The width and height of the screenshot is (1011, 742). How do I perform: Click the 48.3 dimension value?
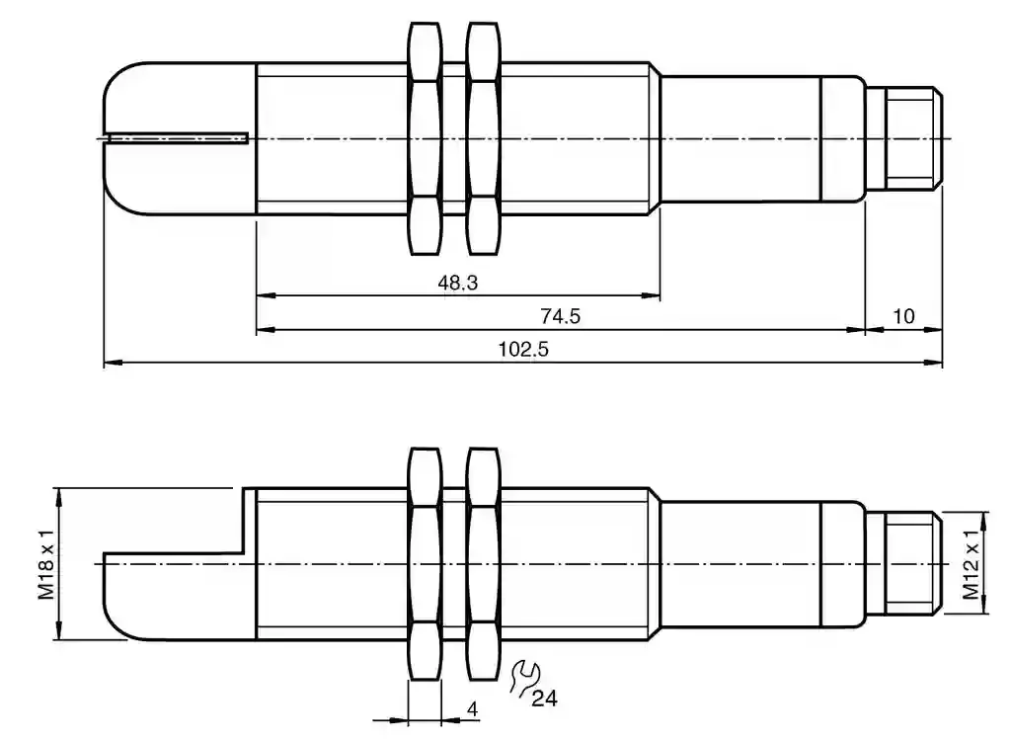[458, 283]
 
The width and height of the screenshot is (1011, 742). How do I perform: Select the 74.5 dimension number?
[561, 316]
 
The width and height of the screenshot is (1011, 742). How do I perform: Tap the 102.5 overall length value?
[523, 349]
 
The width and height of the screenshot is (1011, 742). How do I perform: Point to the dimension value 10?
[903, 316]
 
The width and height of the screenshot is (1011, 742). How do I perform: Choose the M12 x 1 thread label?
[972, 563]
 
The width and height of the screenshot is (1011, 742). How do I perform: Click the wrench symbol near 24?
[524, 678]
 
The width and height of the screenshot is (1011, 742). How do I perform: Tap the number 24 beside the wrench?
[544, 699]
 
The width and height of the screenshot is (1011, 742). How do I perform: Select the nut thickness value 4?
[473, 709]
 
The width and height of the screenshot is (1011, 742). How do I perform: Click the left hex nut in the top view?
[426, 138]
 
